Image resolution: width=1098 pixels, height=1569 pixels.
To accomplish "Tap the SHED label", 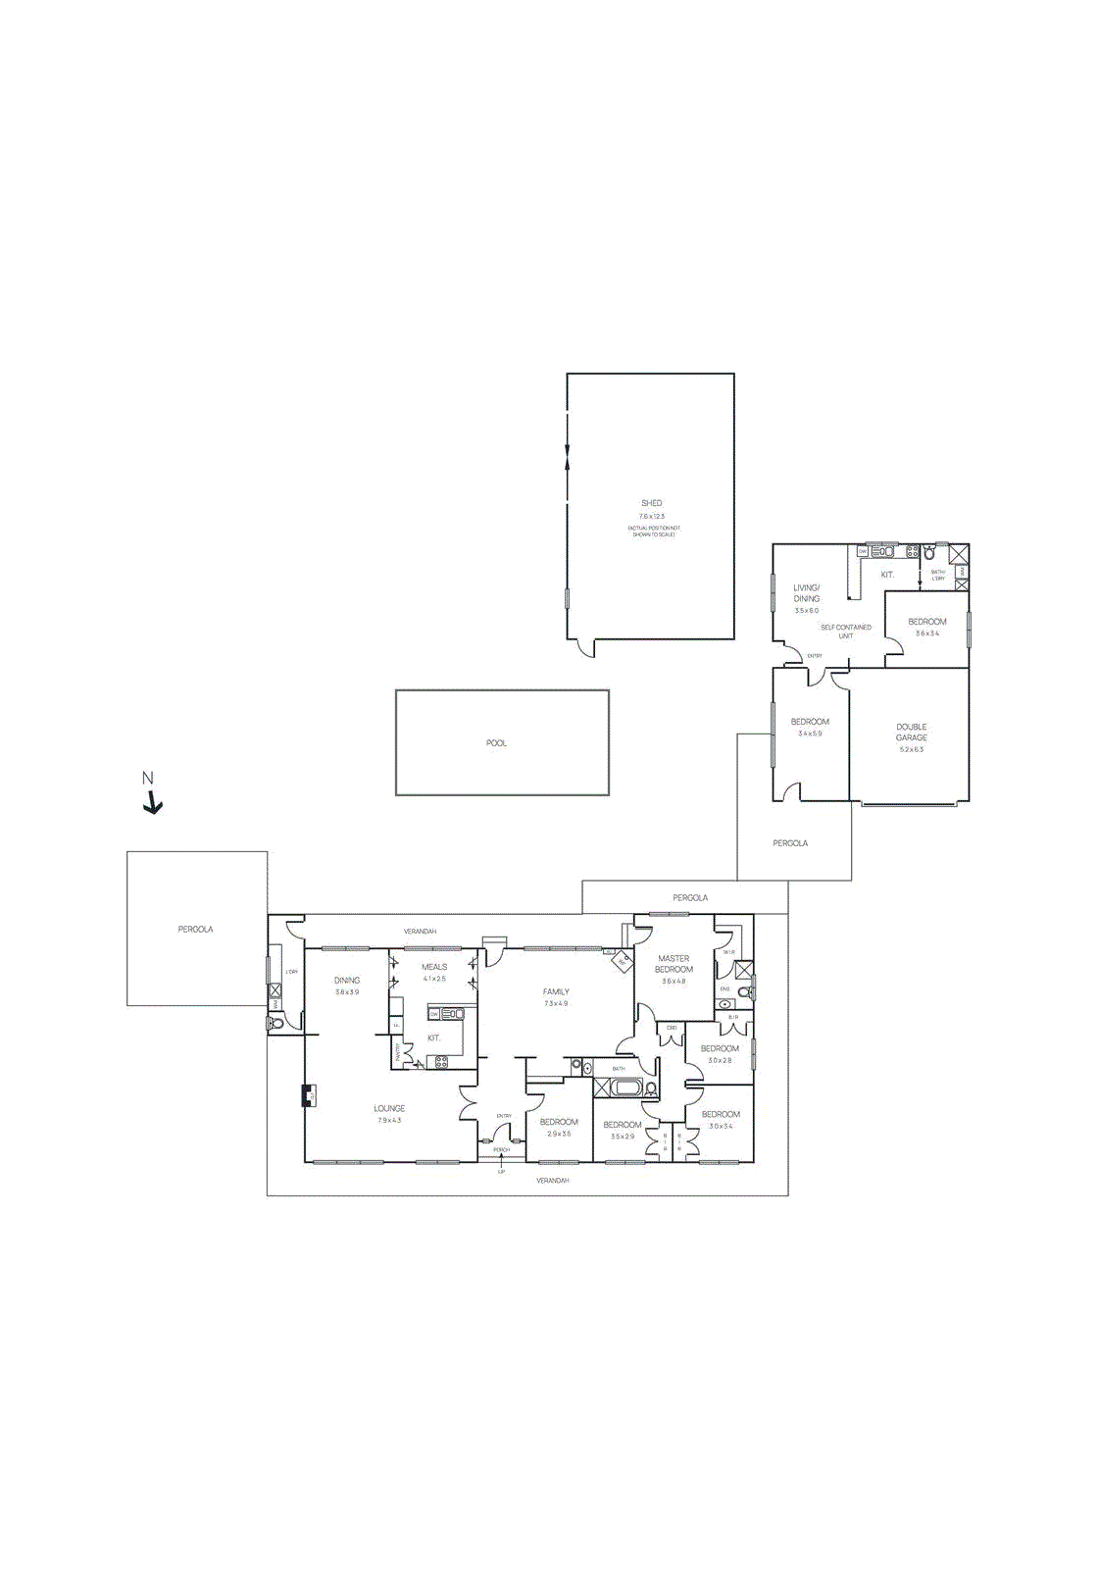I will pos(652,503).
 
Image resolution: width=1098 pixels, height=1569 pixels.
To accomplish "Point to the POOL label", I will pos(497,743).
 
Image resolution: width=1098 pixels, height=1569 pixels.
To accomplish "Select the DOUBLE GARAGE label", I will pos(911,733).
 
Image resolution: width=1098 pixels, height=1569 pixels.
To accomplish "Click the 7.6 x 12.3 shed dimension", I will pos(652,516).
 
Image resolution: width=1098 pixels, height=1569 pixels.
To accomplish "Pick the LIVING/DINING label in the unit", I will pos(807,593).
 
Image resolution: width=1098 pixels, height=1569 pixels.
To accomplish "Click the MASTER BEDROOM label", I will pos(674,964).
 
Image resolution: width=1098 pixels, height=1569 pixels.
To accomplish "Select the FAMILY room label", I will pos(556,991).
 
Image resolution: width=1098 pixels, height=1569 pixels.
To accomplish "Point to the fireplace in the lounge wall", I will pos(310,1095).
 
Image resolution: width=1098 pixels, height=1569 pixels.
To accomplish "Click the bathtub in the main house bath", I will pos(626,1087).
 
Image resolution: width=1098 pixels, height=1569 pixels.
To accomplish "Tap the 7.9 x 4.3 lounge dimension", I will pos(389,1120).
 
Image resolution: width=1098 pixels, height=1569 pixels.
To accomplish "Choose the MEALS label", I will pos(434,967).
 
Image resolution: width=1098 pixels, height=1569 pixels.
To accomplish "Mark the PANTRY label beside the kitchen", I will pos(397,1053).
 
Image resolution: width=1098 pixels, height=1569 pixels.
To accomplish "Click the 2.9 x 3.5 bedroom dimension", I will pos(559,1134).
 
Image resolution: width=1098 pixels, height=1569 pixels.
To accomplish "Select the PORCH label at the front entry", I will pos(502,1149).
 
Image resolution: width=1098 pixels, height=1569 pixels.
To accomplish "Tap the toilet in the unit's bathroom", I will pos(929,554).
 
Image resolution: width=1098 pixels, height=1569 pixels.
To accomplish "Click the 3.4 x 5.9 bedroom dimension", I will pos(810,734).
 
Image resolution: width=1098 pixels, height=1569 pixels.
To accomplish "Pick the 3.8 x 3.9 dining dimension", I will pos(347,991).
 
